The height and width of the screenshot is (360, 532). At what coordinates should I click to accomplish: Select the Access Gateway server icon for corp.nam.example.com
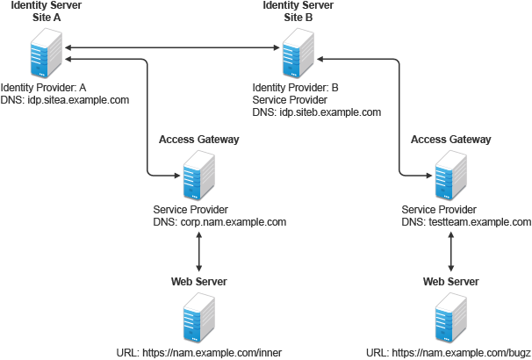tap(199, 175)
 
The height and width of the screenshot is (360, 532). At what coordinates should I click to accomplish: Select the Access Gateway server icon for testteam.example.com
tap(450, 175)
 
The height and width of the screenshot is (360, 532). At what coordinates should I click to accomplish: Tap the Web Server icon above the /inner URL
tap(199, 318)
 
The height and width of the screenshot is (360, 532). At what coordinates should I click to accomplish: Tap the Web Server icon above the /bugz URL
tap(450, 318)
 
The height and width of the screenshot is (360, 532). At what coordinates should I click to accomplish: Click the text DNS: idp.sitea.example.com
tap(65, 100)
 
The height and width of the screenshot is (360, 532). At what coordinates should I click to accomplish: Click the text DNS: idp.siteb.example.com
tap(316, 112)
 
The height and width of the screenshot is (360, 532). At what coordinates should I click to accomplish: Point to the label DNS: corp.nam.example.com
tap(219, 222)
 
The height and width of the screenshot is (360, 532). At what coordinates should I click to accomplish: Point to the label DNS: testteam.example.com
tap(467, 222)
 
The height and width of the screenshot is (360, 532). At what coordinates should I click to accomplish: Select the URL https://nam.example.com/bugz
tap(450, 353)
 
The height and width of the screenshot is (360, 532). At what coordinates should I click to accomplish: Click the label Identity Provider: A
tap(43, 89)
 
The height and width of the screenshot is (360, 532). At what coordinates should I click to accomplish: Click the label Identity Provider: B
tap(295, 89)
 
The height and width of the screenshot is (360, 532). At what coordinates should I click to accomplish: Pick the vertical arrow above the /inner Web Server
tap(199, 253)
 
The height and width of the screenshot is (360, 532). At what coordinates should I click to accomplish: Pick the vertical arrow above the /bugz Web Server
tap(450, 253)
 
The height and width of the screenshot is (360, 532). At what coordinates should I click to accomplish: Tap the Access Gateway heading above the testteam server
tap(450, 140)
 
